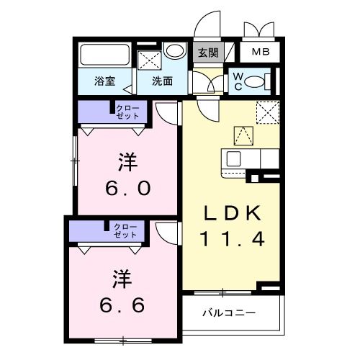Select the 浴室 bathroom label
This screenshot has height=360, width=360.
point(105,81)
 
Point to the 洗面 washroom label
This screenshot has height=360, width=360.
point(161,81)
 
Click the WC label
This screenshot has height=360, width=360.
point(237,81)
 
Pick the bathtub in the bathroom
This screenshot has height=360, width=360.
point(104,56)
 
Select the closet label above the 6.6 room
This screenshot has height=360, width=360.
point(125,231)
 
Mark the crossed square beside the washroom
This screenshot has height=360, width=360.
point(148,59)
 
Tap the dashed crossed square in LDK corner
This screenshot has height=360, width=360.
point(267,112)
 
